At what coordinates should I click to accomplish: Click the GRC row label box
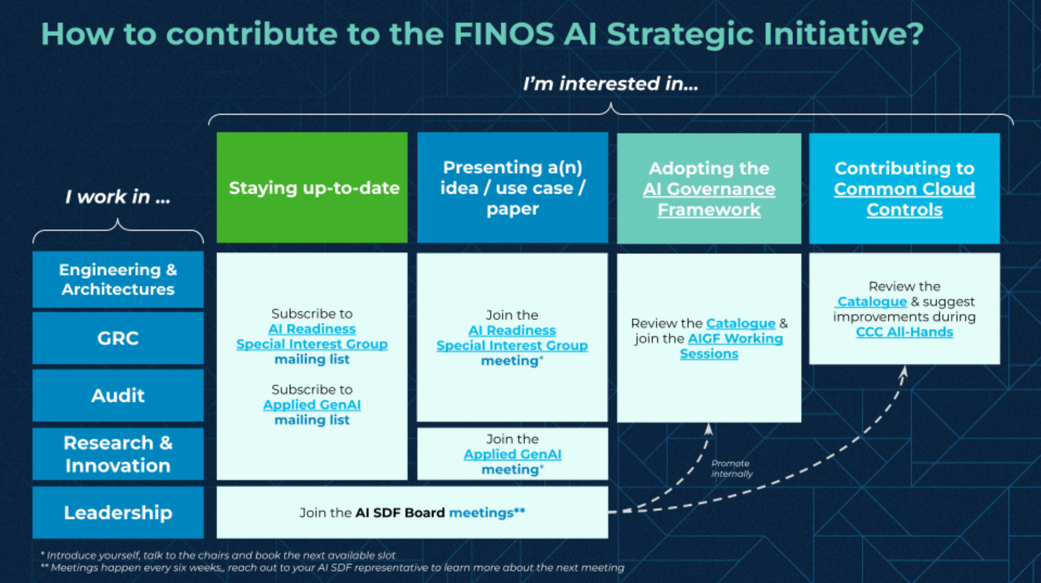coord(118,338)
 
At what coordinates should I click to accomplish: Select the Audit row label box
coord(118,395)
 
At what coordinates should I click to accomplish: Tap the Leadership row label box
coord(118,512)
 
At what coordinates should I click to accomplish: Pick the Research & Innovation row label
coord(118,454)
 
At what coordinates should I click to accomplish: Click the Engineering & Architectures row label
coord(118,280)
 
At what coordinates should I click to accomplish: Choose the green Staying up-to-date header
coord(312,188)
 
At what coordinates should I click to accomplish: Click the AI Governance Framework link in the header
coord(709,199)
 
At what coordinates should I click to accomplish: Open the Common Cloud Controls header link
coord(904,199)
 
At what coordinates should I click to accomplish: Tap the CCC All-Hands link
coord(904,332)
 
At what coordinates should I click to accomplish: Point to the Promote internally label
coord(731,468)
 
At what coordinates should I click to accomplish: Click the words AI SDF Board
coord(400,513)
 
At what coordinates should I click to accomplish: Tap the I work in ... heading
coord(118,197)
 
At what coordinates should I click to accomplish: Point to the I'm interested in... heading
coord(610,84)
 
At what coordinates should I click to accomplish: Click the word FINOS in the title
coord(504,34)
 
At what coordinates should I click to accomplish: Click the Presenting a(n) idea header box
coord(512,188)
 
